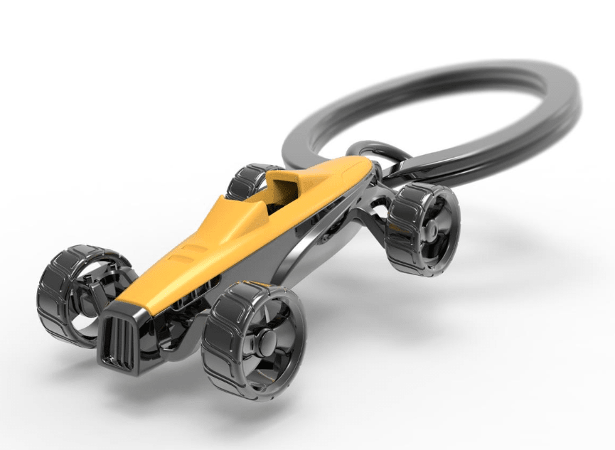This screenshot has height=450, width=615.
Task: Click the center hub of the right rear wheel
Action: click(x=430, y=227)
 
